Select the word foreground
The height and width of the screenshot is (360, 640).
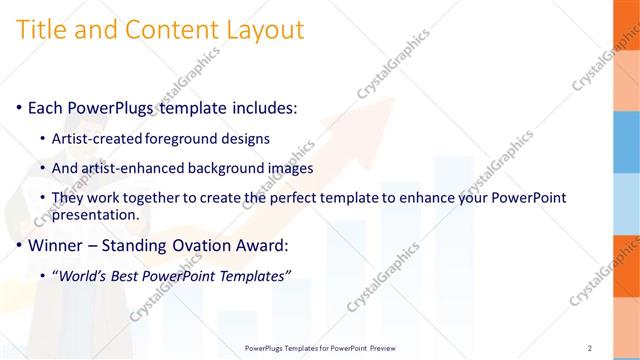(x=179, y=138)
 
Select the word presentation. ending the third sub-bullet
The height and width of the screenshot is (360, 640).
(x=95, y=214)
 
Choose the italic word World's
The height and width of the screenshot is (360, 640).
(x=83, y=275)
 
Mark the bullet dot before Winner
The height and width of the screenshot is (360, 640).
(x=20, y=244)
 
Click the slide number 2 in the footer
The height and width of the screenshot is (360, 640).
(x=590, y=348)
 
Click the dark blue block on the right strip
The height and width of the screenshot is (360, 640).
(x=626, y=129)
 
